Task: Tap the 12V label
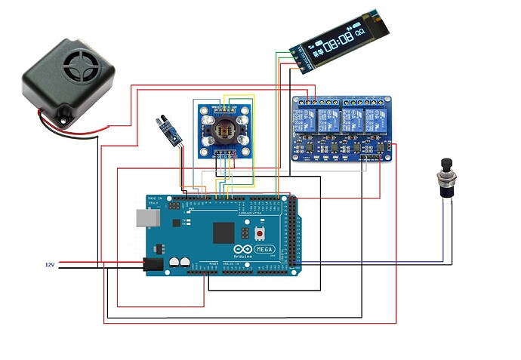click(x=50, y=265)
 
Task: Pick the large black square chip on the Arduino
click(x=224, y=232)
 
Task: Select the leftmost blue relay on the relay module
click(x=307, y=118)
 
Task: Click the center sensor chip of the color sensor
click(x=224, y=126)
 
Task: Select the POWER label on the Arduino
click(x=214, y=265)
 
